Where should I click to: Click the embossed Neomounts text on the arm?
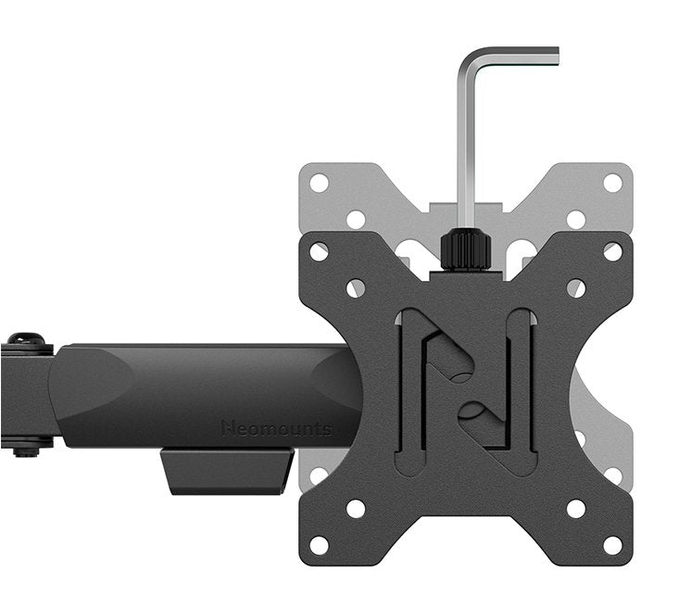coord(276,428)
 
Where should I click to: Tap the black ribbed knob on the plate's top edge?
coord(465,248)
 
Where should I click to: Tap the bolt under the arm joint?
coord(26,450)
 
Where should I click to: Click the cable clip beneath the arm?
coord(226,471)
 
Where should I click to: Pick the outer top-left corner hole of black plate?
coord(320,251)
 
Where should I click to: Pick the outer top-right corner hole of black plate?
coord(612,251)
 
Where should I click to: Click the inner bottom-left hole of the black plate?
coord(356,508)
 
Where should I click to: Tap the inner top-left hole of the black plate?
coord(356,288)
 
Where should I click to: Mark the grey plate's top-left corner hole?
coord(320,183)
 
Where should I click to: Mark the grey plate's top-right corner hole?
coord(612,183)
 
